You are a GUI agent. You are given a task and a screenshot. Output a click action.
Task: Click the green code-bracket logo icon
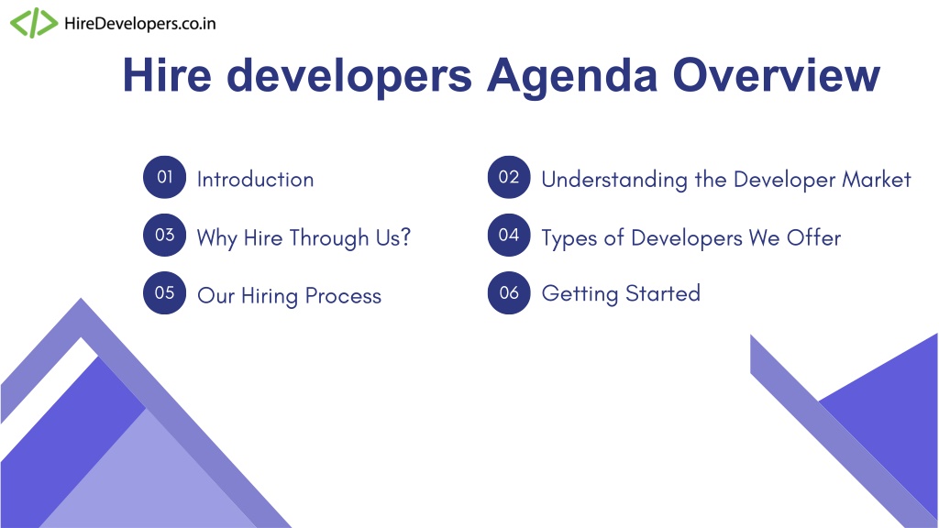34,23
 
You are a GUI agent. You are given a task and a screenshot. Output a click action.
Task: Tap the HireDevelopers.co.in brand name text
139,23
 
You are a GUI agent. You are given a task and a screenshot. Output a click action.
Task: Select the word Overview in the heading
776,75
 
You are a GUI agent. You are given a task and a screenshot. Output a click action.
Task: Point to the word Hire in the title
167,75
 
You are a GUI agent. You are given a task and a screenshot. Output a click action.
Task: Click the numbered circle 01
165,177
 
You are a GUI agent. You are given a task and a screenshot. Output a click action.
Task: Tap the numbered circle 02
509,177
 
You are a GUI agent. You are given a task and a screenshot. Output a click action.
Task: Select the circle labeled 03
165,235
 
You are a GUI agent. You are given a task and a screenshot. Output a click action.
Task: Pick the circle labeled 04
509,235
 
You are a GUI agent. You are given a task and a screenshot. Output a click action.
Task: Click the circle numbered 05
165,292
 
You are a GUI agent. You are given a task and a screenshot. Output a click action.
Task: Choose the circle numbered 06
509,292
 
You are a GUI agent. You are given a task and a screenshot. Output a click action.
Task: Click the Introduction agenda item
255,179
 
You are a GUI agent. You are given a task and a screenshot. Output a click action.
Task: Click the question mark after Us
405,237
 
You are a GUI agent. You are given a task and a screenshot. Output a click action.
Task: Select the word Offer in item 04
814,237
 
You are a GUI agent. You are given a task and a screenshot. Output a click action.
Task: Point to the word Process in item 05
343,296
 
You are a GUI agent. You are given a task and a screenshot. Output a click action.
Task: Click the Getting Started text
621,294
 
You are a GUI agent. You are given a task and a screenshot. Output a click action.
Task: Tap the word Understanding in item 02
614,180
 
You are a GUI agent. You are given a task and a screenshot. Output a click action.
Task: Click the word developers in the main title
349,77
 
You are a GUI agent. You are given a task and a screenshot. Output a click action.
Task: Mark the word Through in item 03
329,238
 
